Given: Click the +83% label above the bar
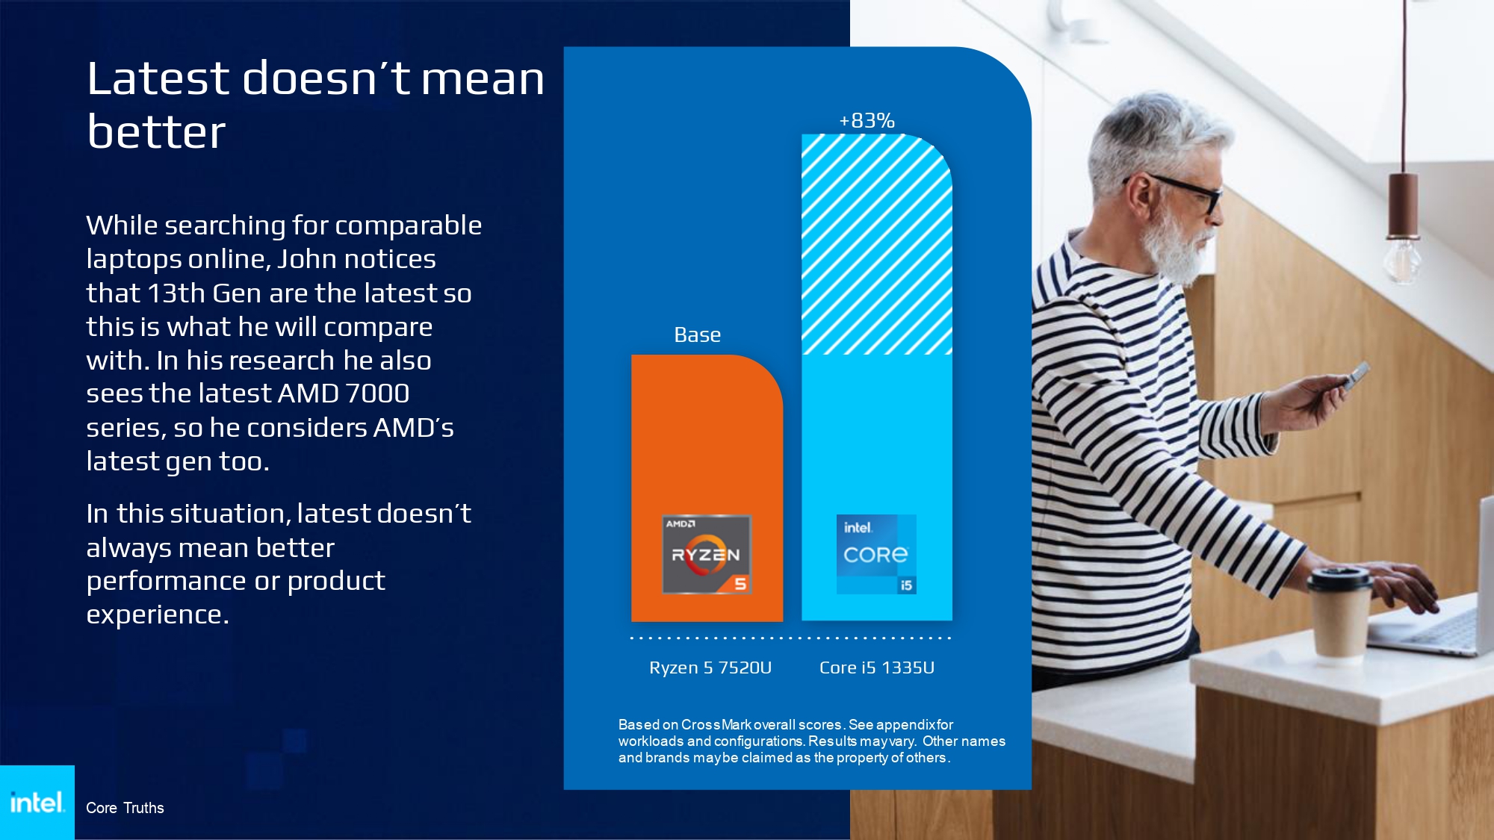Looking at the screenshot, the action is (x=867, y=120).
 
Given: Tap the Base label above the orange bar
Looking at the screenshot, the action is (x=697, y=335).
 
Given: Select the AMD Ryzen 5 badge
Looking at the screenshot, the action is (x=707, y=555).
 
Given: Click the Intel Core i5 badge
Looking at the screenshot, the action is (x=876, y=555).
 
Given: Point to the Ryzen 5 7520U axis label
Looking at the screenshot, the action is (x=710, y=668).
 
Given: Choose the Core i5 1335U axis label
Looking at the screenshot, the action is (x=877, y=668).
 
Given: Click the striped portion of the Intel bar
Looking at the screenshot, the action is (x=877, y=244).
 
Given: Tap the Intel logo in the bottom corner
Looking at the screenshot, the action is (x=37, y=803).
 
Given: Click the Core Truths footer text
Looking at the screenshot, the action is (x=125, y=808).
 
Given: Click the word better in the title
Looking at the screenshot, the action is (x=156, y=132).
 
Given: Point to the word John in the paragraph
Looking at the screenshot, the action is (x=307, y=259).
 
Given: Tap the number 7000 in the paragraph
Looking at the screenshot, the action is (x=377, y=393).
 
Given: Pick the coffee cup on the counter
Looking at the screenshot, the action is (x=1339, y=612).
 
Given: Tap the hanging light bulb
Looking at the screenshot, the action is (x=1401, y=260).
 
